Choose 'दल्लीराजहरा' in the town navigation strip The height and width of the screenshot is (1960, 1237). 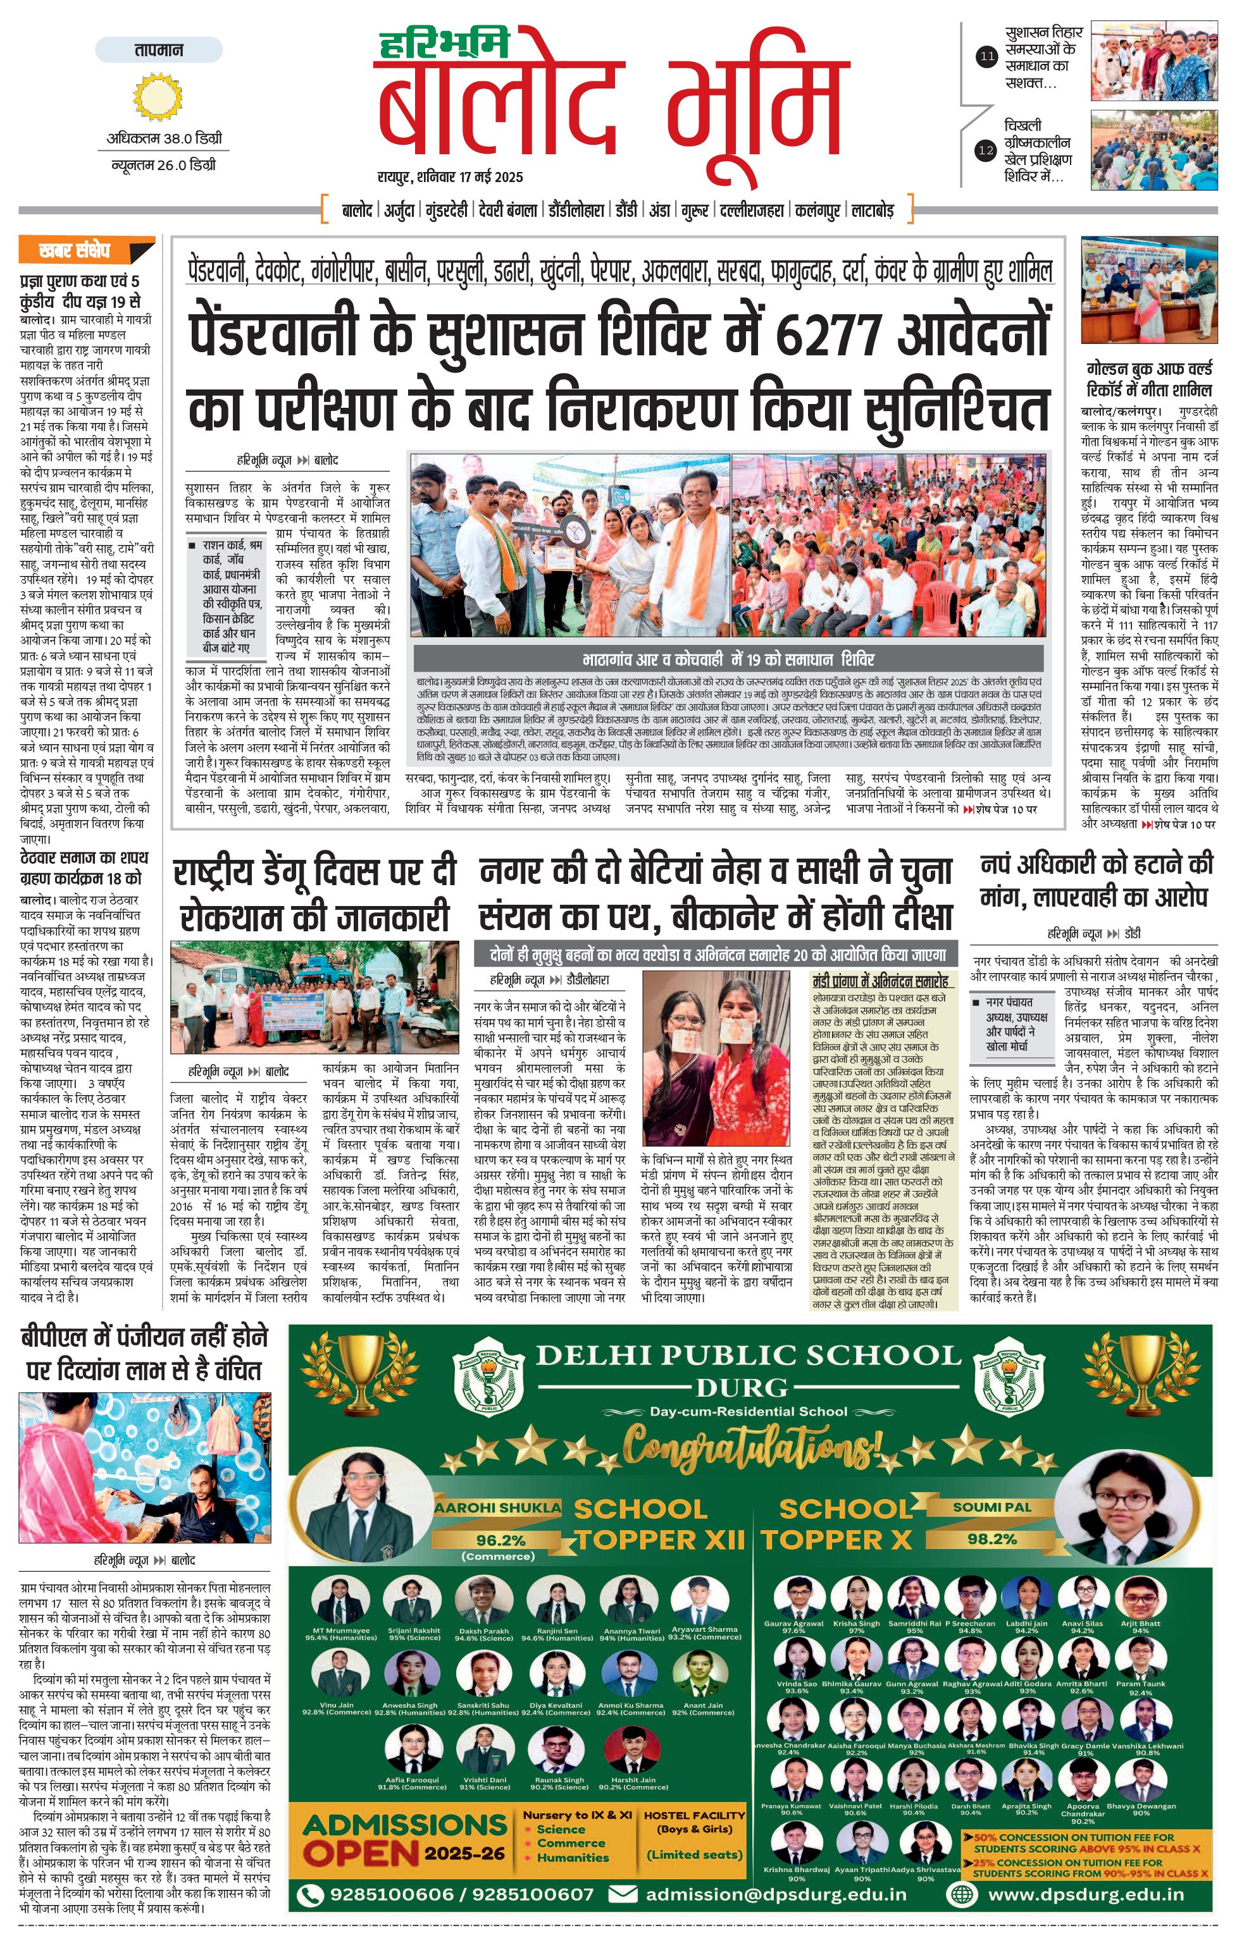tap(754, 211)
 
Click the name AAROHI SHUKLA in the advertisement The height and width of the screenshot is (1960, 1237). tap(497, 1507)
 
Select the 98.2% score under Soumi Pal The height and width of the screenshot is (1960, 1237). tap(992, 1538)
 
